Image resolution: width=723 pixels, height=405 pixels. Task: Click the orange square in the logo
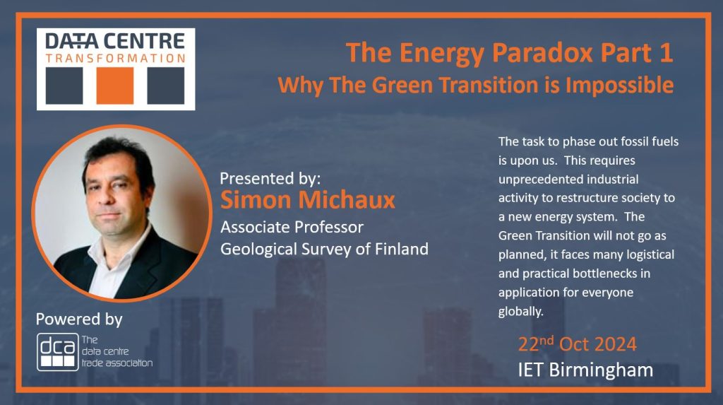click(x=115, y=86)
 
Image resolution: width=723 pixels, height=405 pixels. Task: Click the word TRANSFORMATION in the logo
click(x=116, y=58)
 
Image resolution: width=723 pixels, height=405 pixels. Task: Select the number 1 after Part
click(x=666, y=52)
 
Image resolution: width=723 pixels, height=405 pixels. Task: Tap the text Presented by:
click(x=270, y=178)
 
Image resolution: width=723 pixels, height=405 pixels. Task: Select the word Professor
click(x=329, y=227)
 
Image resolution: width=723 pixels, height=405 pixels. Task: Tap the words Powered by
click(x=79, y=319)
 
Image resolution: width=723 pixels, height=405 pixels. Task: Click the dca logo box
click(x=58, y=352)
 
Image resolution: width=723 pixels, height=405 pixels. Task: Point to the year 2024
click(x=615, y=344)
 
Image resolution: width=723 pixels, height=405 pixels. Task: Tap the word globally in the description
click(x=520, y=311)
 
